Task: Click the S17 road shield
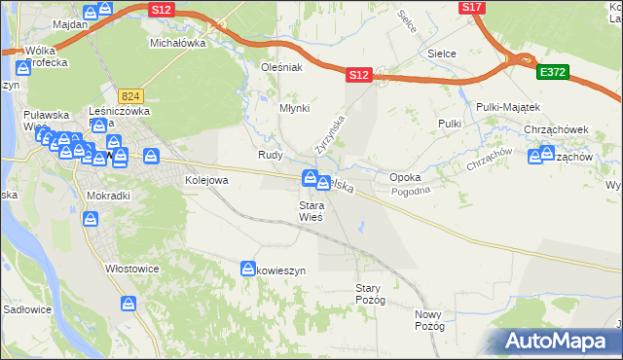[472, 7]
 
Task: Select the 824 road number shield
[131, 96]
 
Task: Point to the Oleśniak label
[282, 68]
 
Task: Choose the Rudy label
[270, 155]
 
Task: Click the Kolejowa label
[206, 180]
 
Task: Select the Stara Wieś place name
[311, 211]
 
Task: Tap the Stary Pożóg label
[371, 294]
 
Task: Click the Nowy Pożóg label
[428, 320]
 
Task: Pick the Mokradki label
[108, 195]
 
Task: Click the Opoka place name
[404, 178]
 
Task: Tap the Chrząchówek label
[558, 128]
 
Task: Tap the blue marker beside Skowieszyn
[246, 267]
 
